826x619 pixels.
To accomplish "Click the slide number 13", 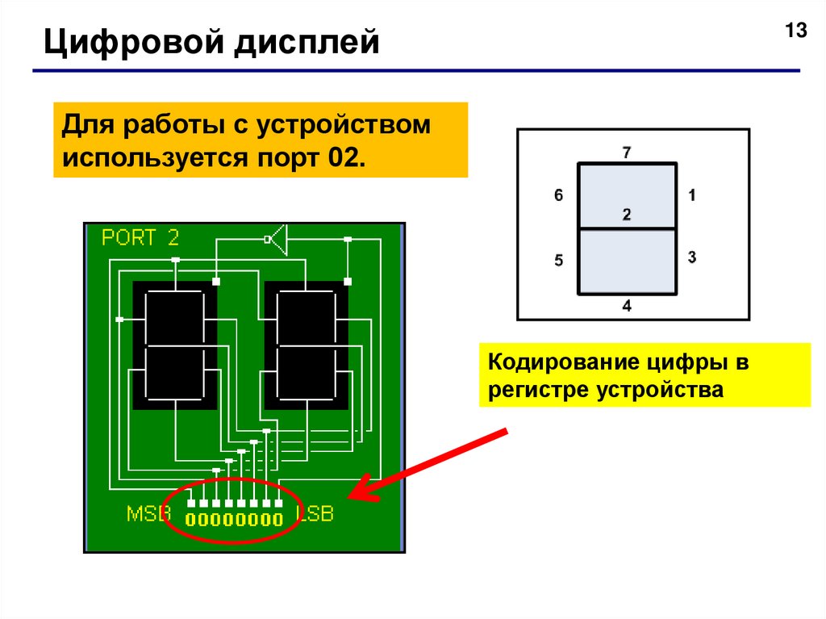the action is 796,31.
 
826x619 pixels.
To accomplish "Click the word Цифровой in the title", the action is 134,43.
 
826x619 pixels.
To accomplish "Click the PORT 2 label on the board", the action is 140,237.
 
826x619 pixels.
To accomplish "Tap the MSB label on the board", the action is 148,513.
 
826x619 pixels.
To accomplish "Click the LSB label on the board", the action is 315,513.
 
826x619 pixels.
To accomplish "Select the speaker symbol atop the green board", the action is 277,240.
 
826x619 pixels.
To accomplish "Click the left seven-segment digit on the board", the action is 174,345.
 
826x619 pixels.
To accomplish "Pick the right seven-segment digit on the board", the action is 306,345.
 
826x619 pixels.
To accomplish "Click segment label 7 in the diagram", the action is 626,153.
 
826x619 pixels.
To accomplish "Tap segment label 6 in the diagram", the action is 559,195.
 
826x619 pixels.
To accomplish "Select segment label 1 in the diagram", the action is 692,195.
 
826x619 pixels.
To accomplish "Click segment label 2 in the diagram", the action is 626,214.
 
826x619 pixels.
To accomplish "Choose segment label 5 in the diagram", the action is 559,260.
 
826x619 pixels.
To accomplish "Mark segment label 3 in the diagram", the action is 692,257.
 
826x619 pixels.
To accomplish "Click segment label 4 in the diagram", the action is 626,306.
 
